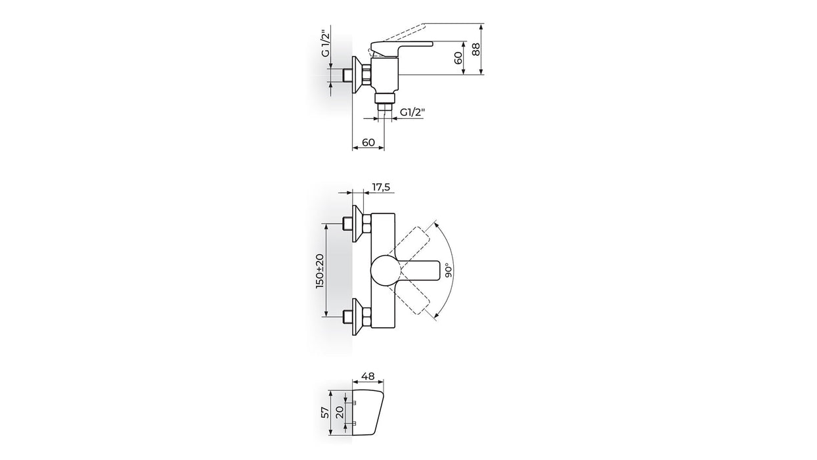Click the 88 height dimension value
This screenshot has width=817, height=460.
pos(475,49)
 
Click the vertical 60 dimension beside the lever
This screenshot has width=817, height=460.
pos(458,58)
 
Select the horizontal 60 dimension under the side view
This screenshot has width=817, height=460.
pos(368,142)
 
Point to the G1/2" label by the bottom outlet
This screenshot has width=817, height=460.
pos(413,112)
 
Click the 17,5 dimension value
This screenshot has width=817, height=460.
pos(381,187)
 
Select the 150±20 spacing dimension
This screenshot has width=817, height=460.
pos(320,271)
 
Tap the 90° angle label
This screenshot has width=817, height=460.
pos(449,270)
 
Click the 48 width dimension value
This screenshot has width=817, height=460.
pos(368,376)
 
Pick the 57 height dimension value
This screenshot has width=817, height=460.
pos(325,413)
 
